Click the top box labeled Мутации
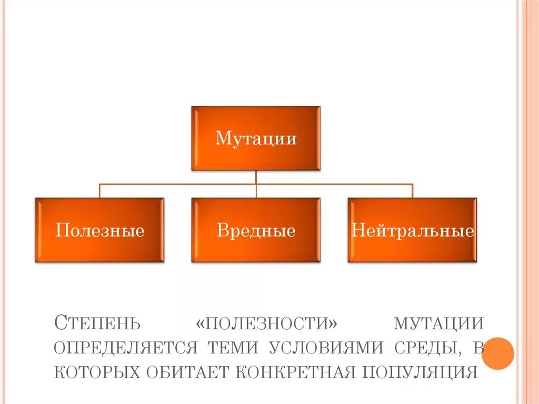pos(256,138)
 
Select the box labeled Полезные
pos(99,230)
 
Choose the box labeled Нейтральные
pos(412,230)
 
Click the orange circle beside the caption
pos(497,353)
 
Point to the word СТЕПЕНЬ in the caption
pos(97,322)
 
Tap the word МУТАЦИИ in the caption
pos(439,322)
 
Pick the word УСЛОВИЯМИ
pos(327,347)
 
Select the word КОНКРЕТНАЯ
pos(294,372)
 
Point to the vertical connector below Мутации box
pos(256,177)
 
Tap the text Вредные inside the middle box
pos(256,231)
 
